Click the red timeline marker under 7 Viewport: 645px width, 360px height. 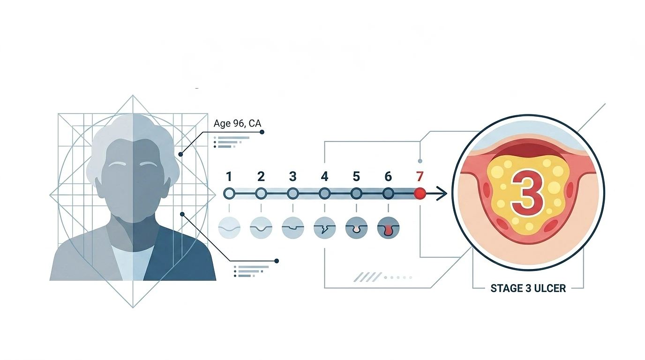[420, 194]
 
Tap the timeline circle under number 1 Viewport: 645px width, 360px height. [229, 194]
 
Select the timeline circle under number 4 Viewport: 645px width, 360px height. [324, 194]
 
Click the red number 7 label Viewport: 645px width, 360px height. [420, 176]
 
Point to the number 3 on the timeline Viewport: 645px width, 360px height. [293, 176]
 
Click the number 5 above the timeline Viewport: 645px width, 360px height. [356, 176]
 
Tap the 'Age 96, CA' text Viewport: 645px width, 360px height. [237, 123]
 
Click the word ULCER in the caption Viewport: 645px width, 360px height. [550, 288]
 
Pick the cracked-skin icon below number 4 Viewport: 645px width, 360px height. [324, 228]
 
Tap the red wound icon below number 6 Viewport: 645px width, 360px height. [388, 228]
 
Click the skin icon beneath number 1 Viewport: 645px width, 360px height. [229, 228]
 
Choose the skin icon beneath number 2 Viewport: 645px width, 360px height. [261, 228]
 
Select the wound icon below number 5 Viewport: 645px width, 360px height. [356, 228]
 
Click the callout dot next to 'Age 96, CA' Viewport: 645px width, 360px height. [262, 132]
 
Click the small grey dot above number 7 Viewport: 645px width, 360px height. [420, 161]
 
